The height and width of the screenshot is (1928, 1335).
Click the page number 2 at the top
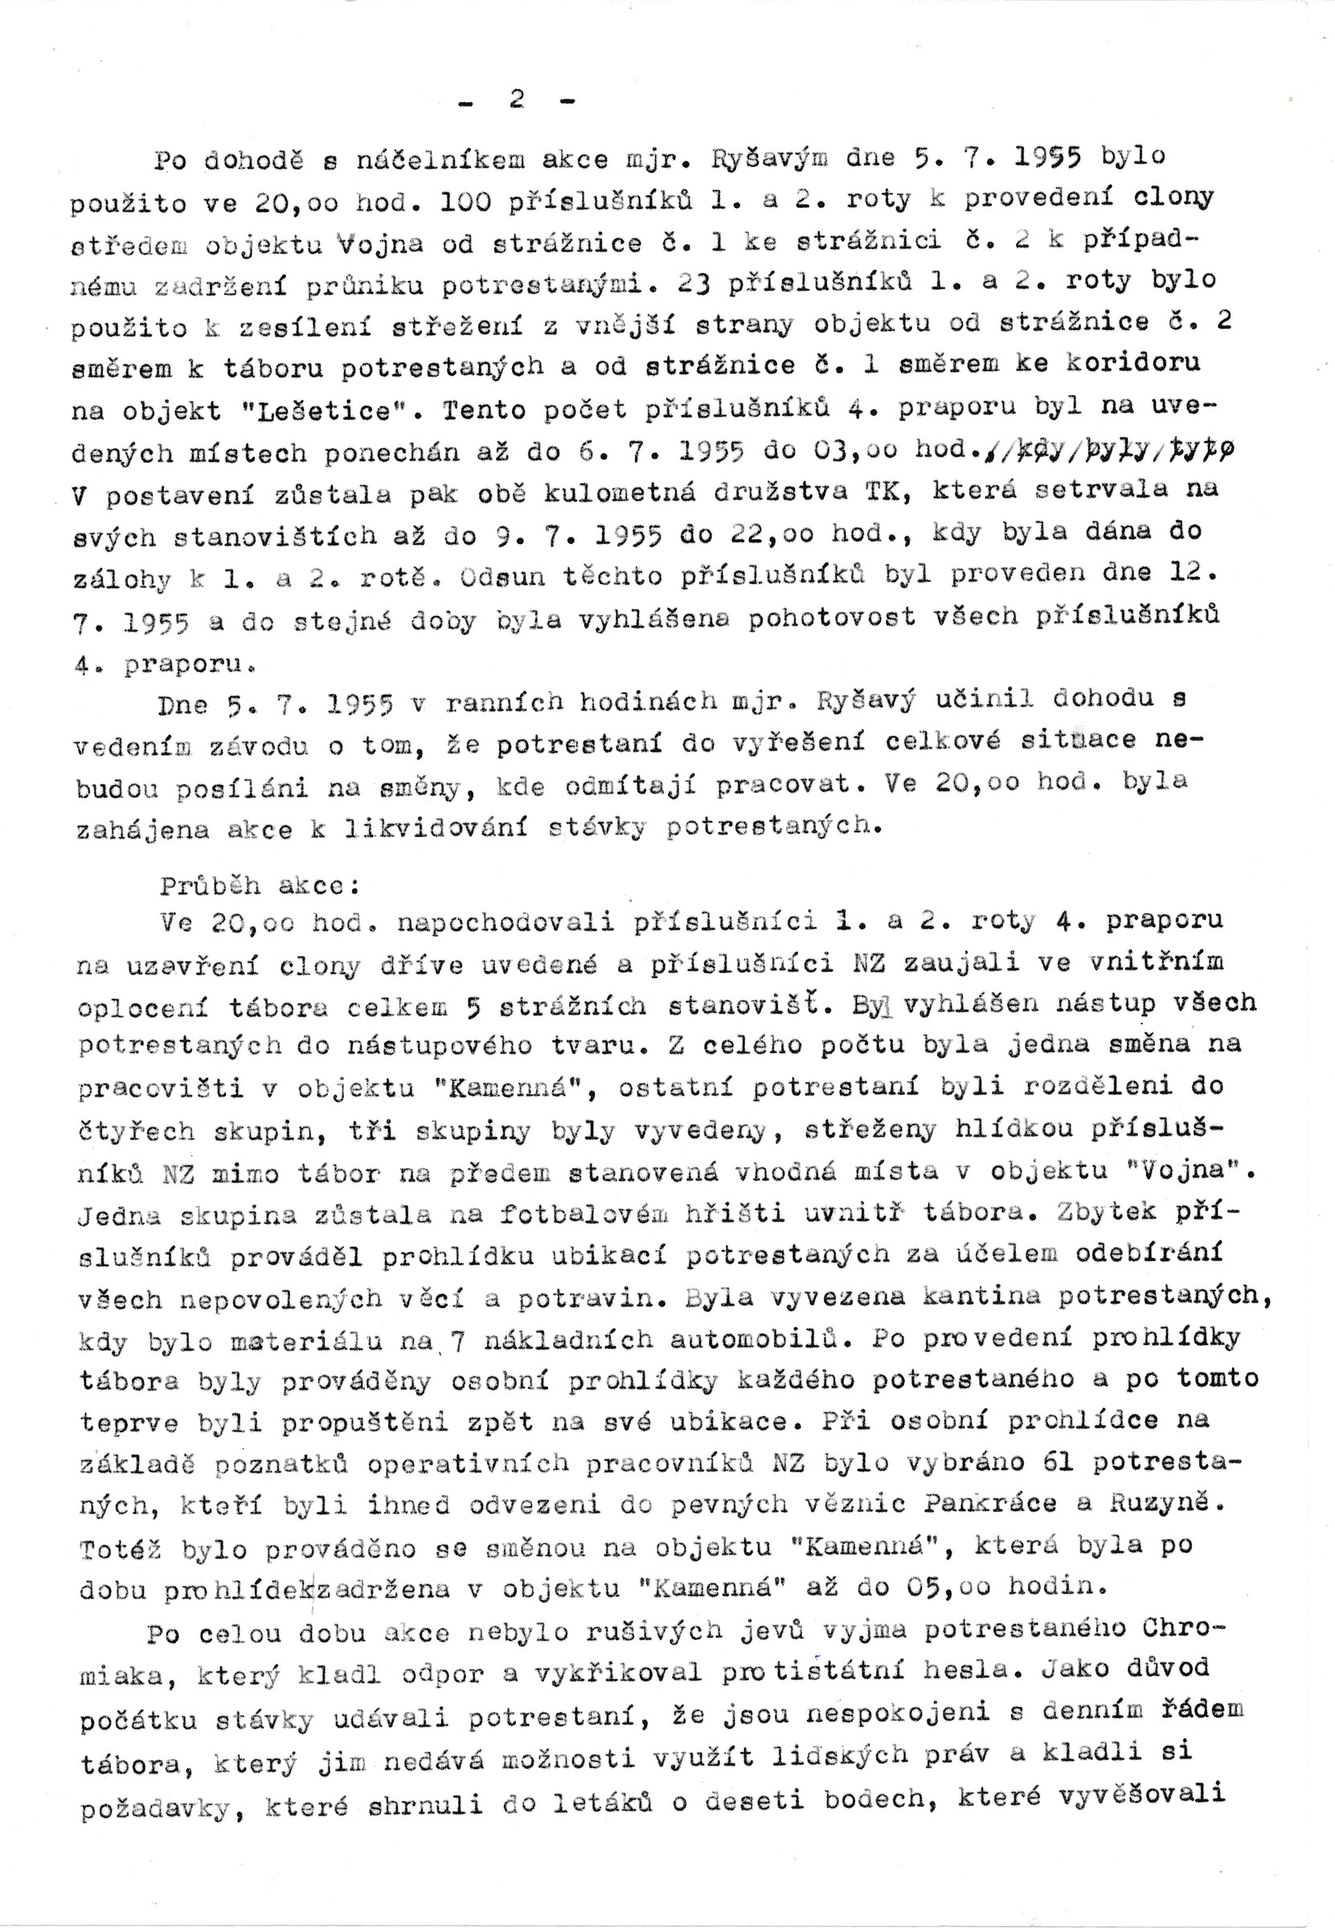coord(517,100)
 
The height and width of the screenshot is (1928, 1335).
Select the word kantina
coord(981,1297)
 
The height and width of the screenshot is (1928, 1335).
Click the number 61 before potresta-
coord(1060,1461)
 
